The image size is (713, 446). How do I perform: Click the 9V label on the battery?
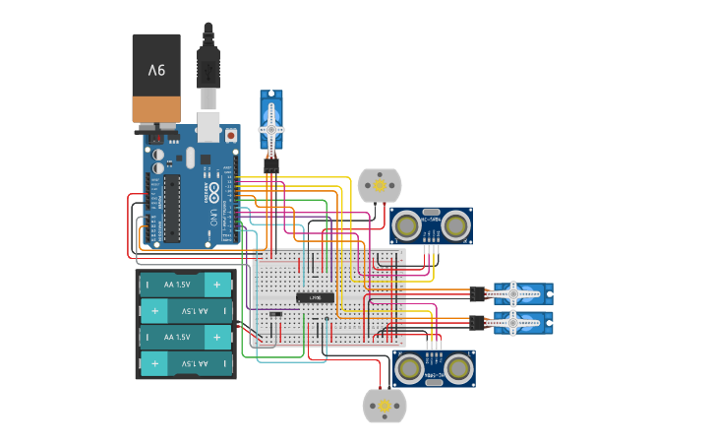tap(156, 70)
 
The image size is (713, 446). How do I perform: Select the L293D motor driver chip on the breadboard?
tap(316, 297)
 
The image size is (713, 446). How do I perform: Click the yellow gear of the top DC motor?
tap(380, 184)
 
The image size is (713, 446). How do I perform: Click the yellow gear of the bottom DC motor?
tap(384, 406)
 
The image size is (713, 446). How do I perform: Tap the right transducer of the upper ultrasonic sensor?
tap(455, 226)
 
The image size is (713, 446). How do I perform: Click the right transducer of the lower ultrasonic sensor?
tap(458, 368)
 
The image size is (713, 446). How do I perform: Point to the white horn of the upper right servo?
tap(519, 292)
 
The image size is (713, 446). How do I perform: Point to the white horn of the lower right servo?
tap(519, 322)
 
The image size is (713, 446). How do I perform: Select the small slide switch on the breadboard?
tap(276, 315)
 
